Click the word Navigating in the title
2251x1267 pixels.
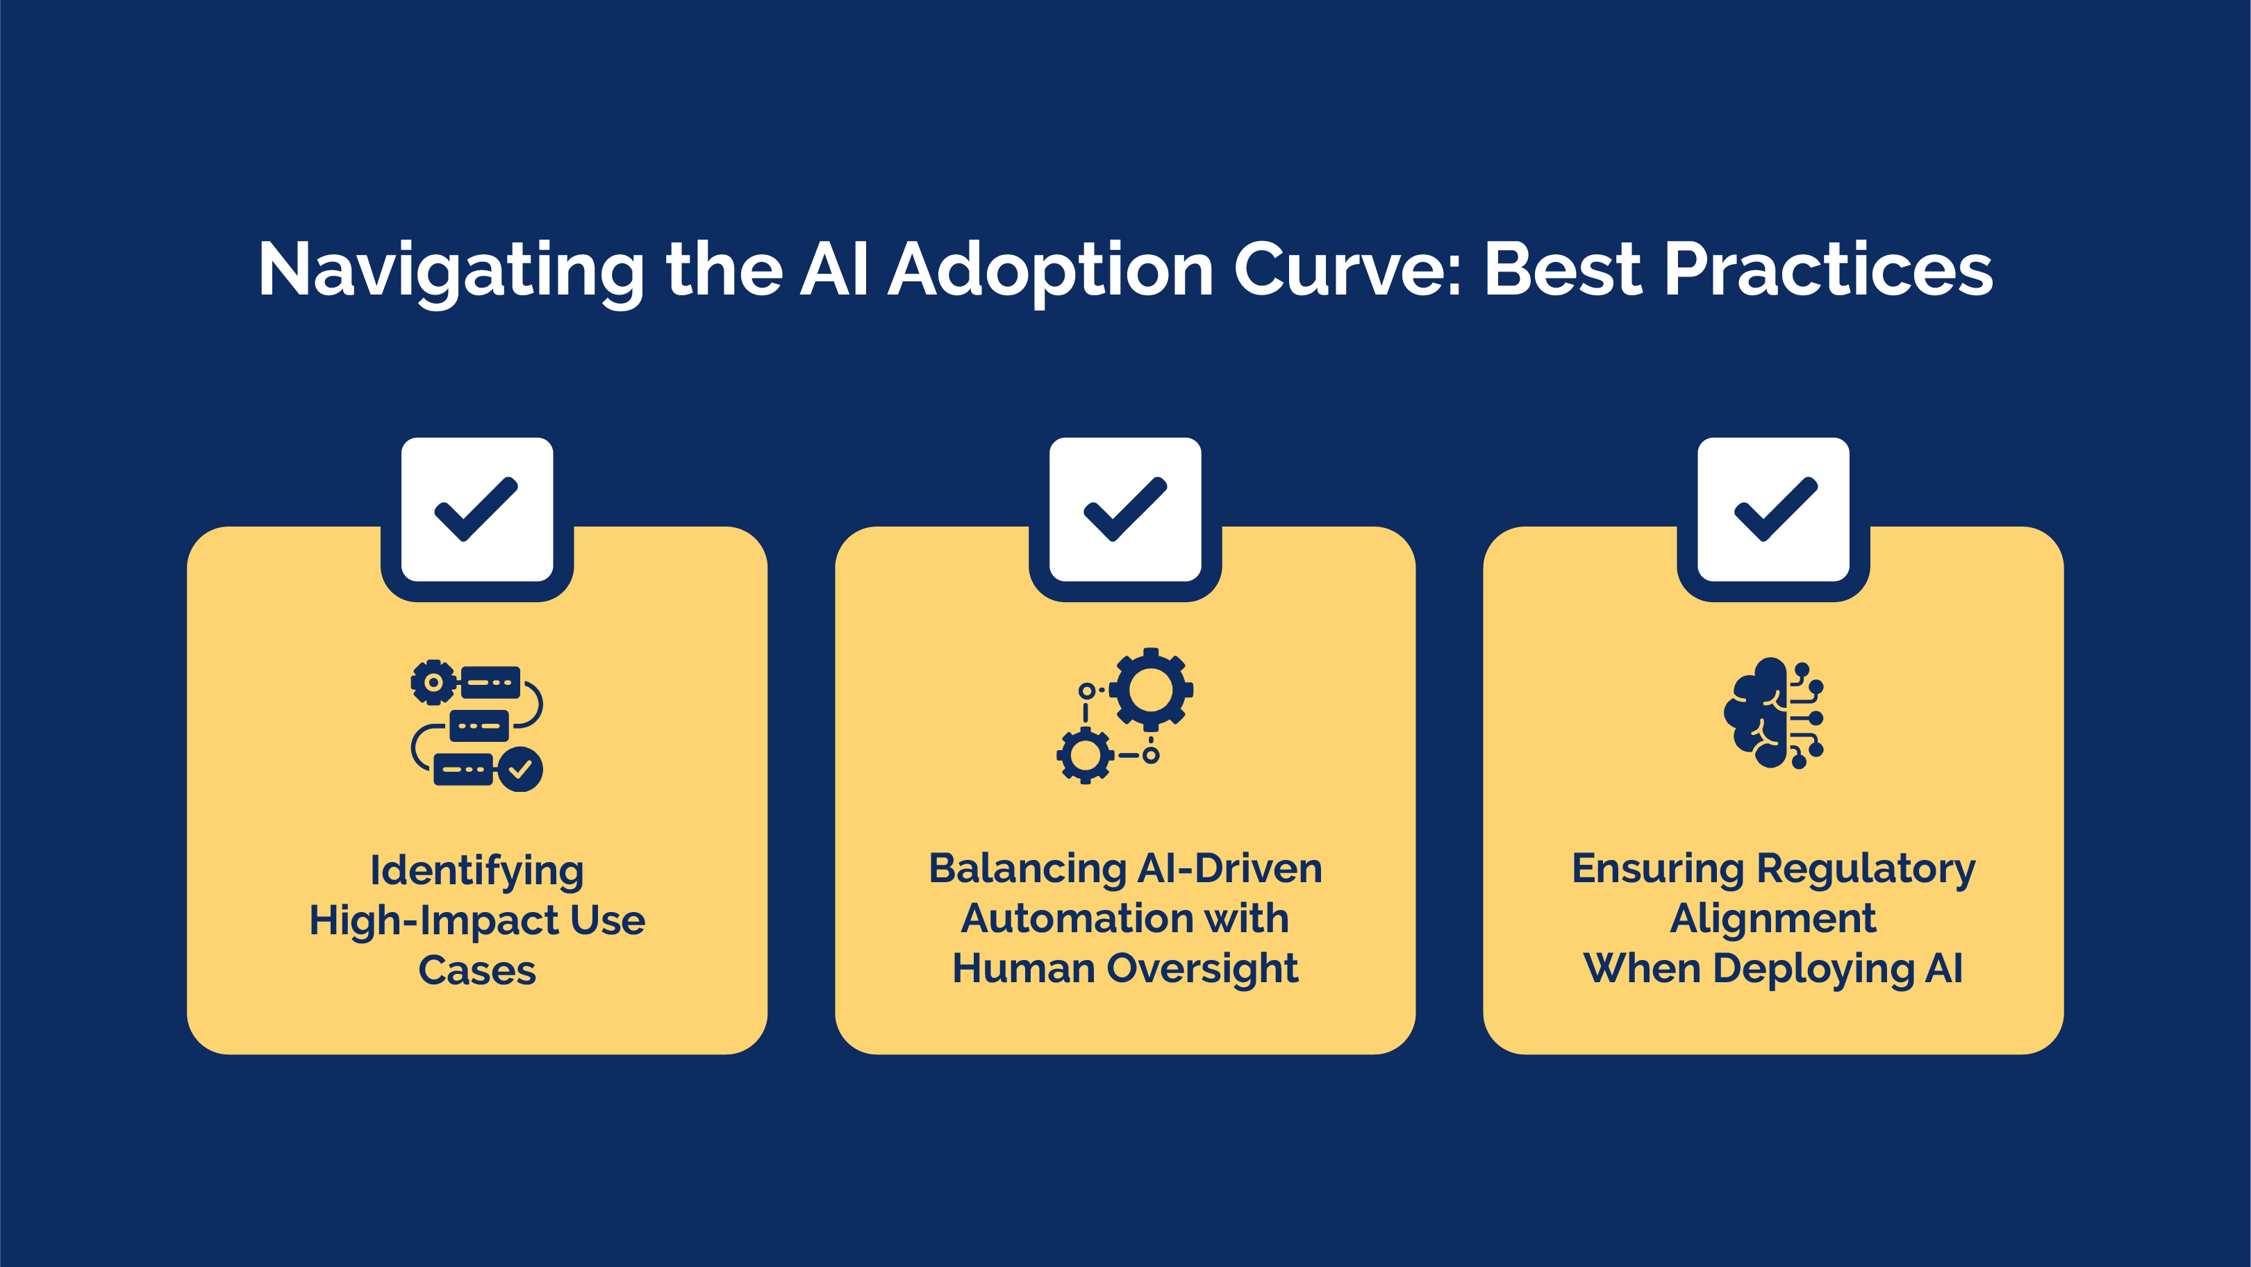[x=451, y=271]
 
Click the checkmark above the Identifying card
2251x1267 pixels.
[x=476, y=509]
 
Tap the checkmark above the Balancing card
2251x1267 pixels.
[x=1124, y=509]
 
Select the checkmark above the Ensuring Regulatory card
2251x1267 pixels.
[x=1774, y=509]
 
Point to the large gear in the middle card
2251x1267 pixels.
[x=1151, y=690]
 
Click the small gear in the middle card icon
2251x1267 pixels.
[x=1086, y=755]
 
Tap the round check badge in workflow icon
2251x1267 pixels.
[x=520, y=769]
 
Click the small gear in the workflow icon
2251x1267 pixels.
[x=433, y=682]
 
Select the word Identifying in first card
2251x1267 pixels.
[x=476, y=871]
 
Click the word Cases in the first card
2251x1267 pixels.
[x=476, y=971]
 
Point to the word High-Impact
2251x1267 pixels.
[x=433, y=921]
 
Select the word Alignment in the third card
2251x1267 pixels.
[x=1772, y=919]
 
